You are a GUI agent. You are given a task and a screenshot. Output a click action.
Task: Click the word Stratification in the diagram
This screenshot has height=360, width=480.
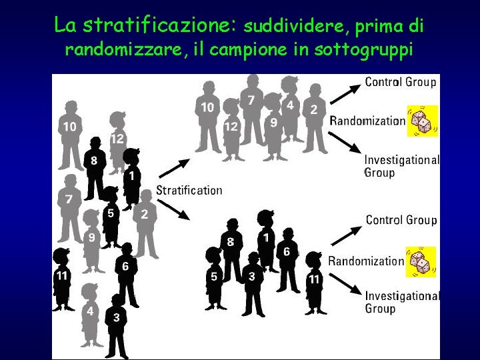[x=189, y=190]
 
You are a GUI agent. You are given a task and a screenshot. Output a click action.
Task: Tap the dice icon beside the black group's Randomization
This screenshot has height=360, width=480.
[x=421, y=261]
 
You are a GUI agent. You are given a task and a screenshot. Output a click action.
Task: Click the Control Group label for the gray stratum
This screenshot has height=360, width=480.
[x=401, y=82]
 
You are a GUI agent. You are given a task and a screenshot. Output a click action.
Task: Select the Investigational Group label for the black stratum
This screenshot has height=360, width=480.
[x=402, y=301]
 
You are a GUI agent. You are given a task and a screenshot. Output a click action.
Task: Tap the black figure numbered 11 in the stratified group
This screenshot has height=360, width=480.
[x=314, y=280]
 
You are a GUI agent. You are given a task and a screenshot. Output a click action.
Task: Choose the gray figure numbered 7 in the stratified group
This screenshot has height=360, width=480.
[x=251, y=110]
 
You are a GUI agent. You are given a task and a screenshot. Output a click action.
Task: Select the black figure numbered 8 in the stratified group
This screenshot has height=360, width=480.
[x=231, y=250]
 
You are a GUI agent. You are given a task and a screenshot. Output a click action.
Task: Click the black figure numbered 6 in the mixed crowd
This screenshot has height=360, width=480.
[x=125, y=273]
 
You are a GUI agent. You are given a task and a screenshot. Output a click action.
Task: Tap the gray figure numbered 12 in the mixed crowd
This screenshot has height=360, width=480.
[x=117, y=143]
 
